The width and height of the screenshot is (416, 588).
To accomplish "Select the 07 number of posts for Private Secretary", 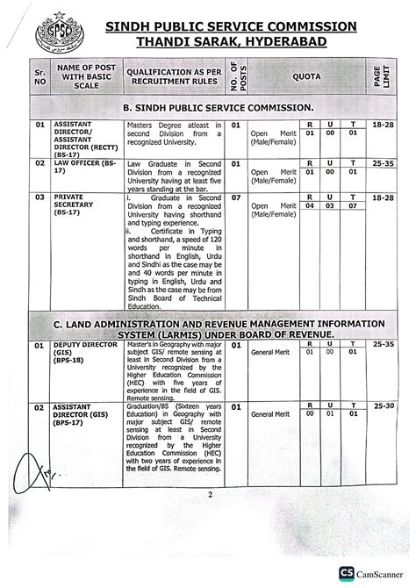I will pyautogui.click(x=236, y=198).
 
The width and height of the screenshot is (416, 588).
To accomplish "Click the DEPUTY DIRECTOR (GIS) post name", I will pyautogui.click(x=81, y=353).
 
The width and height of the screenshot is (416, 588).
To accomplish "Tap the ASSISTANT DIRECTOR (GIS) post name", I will pyautogui.click(x=81, y=413).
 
